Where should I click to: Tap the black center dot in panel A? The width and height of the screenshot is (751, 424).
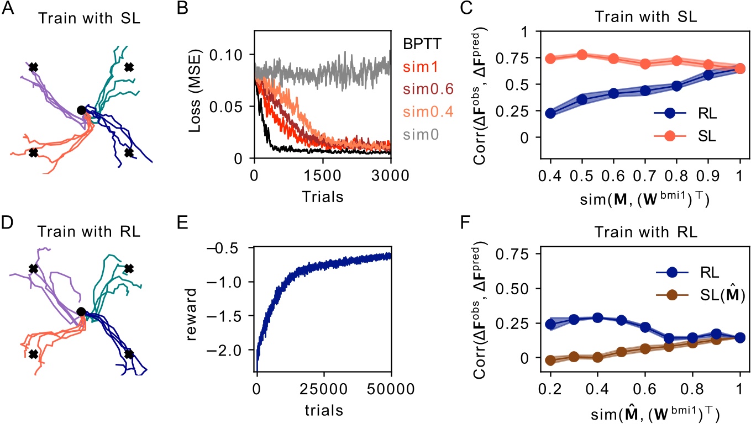coord(81,110)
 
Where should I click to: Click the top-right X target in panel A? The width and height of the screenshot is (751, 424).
coord(129,67)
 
